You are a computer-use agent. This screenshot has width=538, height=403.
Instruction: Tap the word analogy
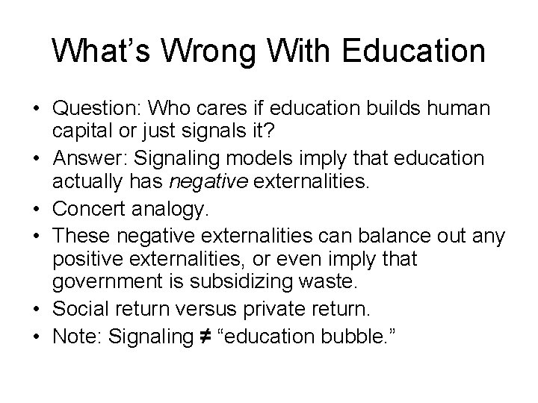point(176,206)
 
